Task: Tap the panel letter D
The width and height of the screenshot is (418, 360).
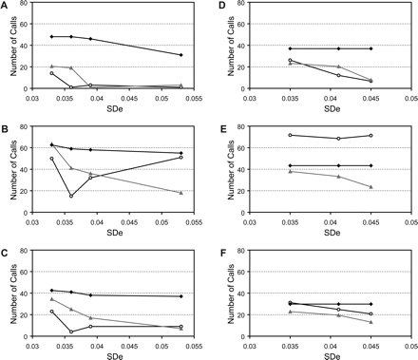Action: tap(221, 6)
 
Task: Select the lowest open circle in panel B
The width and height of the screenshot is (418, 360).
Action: tap(71, 196)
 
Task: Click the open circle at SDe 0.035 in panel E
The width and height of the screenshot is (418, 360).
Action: tap(290, 135)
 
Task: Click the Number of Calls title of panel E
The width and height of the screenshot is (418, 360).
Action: tap(229, 178)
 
